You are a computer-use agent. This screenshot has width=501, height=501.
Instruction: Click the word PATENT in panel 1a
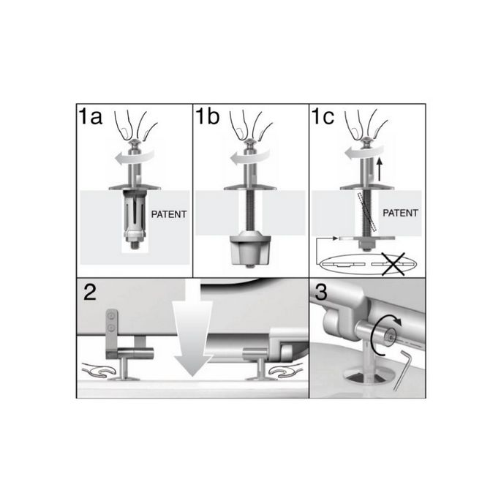pyautogui.click(x=168, y=216)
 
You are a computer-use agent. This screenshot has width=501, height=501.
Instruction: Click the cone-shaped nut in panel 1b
pyautogui.click(x=251, y=251)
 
